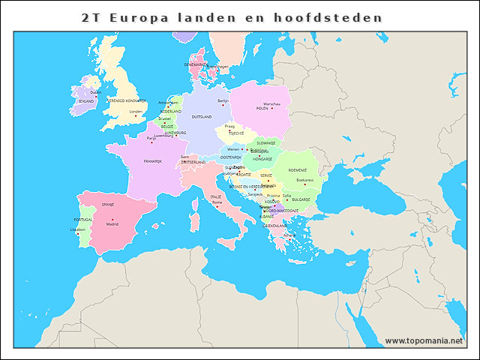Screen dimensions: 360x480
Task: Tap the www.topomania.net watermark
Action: tap(424, 340)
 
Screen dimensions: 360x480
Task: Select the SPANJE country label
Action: tap(108, 204)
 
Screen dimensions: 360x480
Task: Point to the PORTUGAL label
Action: tap(82, 220)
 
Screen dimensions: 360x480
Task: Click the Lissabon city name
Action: tap(78, 229)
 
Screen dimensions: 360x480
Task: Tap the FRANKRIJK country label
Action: tap(153, 161)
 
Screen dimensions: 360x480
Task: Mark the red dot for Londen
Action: tap(136, 116)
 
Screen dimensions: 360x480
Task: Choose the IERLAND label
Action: tap(86, 100)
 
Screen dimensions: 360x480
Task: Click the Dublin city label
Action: tap(95, 92)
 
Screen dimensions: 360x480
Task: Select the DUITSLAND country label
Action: tap(202, 117)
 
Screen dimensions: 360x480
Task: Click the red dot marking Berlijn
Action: tap(223, 105)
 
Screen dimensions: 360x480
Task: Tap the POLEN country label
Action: tap(262, 109)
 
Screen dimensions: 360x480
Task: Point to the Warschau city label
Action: tap(271, 103)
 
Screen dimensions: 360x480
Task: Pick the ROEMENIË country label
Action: tap(298, 170)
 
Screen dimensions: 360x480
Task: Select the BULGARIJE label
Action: tap(301, 199)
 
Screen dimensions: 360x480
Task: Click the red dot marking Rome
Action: tap(217, 207)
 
